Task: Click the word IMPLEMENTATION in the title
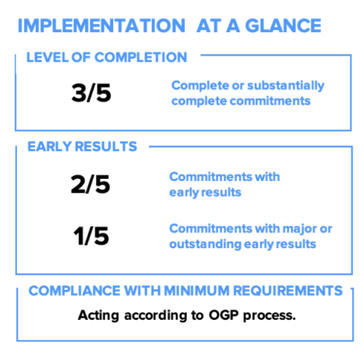(x=101, y=25)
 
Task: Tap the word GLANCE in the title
(x=283, y=25)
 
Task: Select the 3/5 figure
(x=91, y=93)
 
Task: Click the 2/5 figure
(x=90, y=184)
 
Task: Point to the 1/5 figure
(x=91, y=236)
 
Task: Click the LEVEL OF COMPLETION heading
(x=106, y=57)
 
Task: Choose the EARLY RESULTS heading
(x=82, y=146)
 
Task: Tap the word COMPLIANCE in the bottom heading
(x=74, y=291)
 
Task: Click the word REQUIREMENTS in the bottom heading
(x=288, y=291)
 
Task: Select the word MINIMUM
(x=197, y=291)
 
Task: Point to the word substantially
(x=286, y=86)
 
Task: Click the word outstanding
(x=205, y=244)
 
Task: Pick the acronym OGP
(x=223, y=315)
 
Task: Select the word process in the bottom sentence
(x=269, y=316)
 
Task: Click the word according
(x=156, y=316)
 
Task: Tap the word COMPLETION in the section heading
(x=141, y=57)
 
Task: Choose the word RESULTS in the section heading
(x=106, y=146)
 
